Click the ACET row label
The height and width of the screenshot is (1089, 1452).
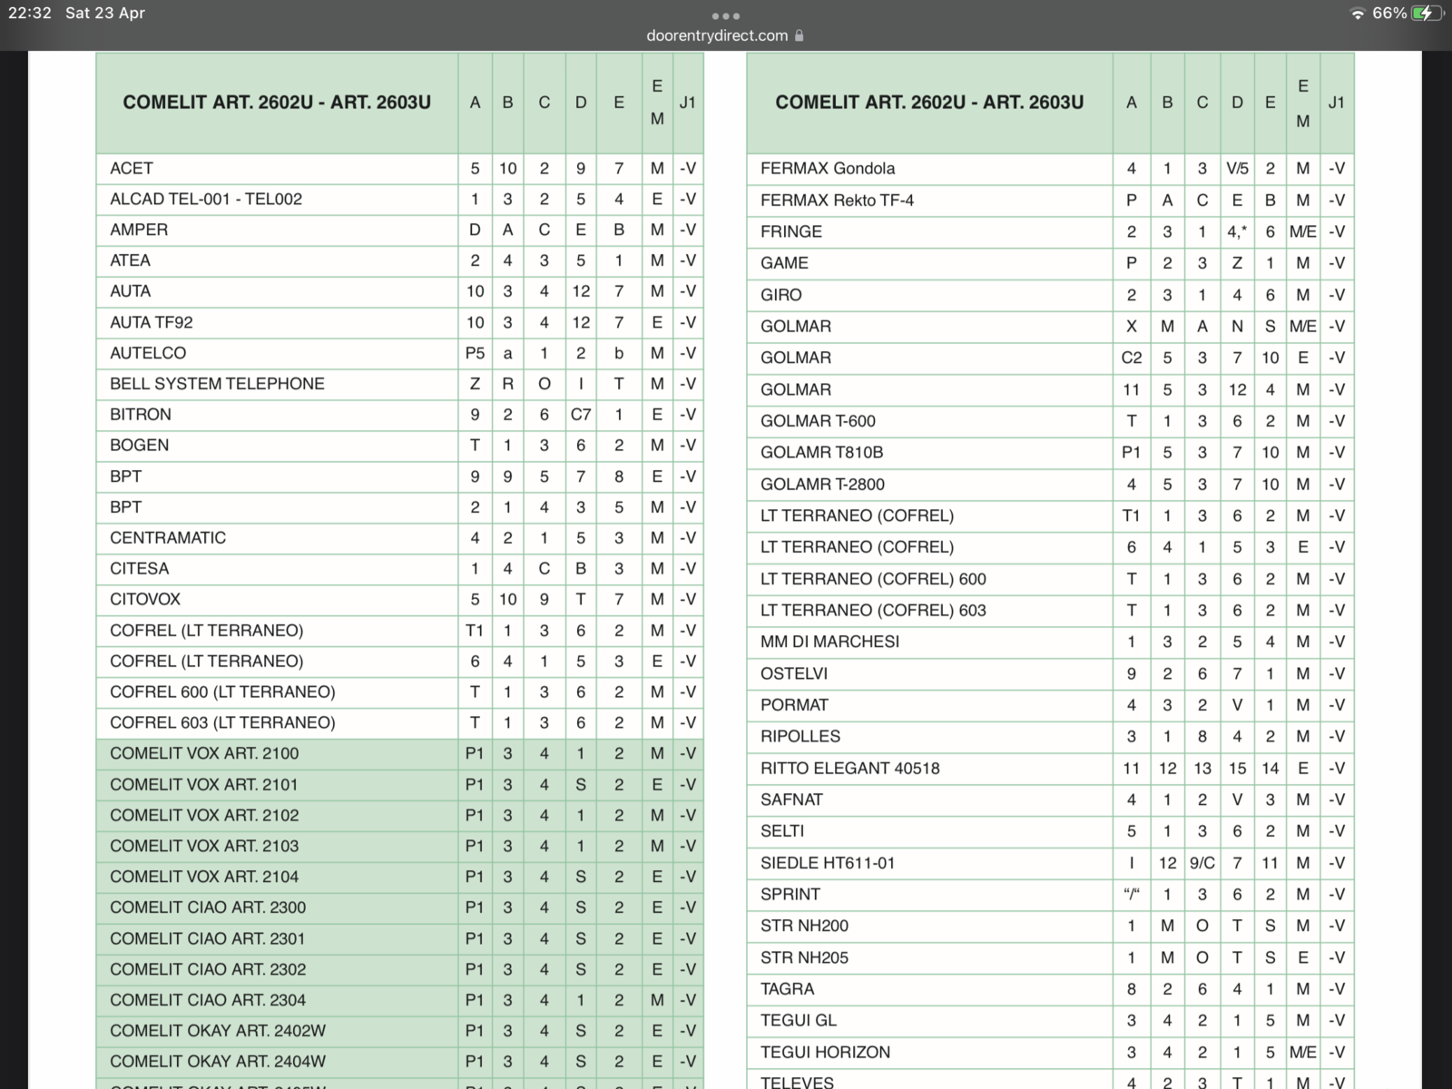tap(132, 168)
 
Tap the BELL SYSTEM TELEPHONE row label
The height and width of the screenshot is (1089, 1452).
tap(217, 383)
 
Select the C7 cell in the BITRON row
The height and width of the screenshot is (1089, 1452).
tap(581, 414)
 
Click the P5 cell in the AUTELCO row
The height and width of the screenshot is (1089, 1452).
tap(475, 353)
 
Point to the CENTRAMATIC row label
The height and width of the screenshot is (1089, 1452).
tap(168, 537)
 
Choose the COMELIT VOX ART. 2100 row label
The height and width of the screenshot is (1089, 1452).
tap(204, 753)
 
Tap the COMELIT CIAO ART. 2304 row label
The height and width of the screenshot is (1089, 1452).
tap(208, 1000)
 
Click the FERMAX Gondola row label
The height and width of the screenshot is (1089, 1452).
tap(828, 168)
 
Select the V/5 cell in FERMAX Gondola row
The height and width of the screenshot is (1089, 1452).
tap(1237, 168)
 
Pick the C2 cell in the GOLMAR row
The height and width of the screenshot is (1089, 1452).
tap(1131, 358)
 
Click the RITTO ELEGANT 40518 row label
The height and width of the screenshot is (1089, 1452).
tap(850, 768)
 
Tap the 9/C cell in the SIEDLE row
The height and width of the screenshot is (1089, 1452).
tap(1202, 863)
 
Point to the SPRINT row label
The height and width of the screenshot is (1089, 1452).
tap(790, 894)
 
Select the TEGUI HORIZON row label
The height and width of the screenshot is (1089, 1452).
tap(825, 1052)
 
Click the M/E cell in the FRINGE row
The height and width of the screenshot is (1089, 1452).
tap(1302, 231)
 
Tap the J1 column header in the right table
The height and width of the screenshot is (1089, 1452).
tap(1336, 103)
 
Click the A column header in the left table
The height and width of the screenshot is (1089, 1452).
tap(475, 103)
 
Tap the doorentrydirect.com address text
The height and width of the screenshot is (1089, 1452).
tap(717, 35)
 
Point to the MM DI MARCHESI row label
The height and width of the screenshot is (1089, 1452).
tap(829, 642)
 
